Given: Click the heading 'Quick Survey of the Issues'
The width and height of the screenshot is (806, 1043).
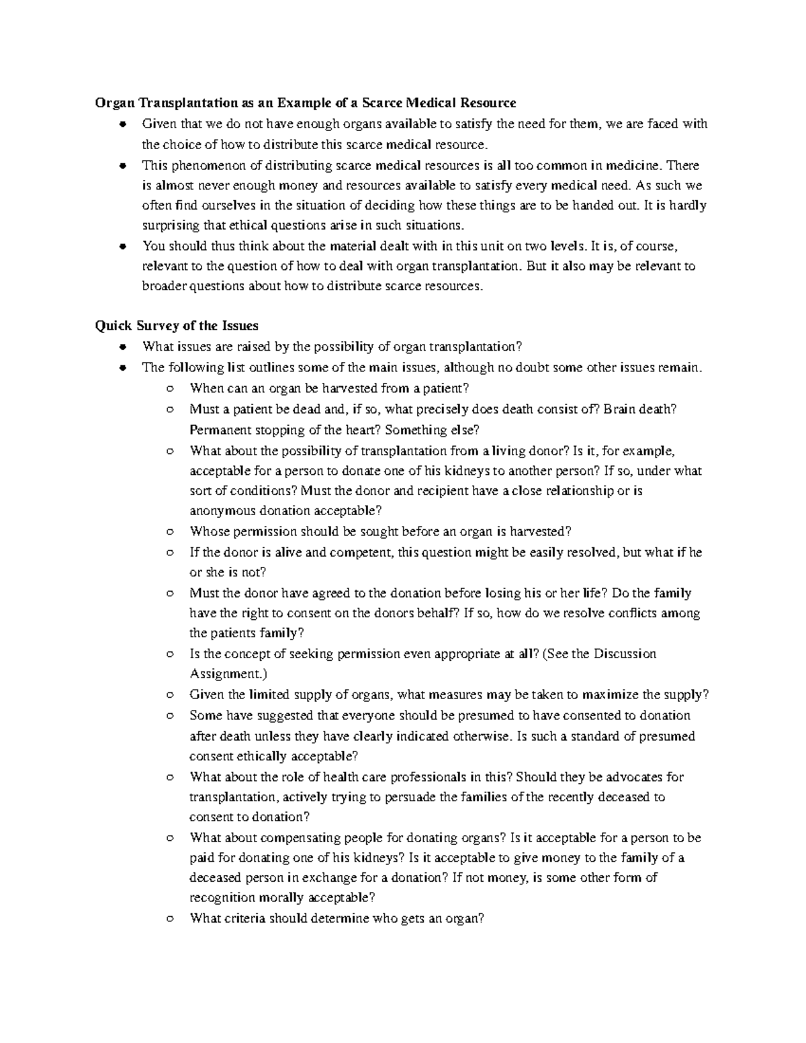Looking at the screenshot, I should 177,326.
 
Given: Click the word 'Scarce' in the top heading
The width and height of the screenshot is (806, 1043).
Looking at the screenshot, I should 384,103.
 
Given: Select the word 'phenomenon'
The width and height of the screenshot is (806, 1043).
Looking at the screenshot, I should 201,165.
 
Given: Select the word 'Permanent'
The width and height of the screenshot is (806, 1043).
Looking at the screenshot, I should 218,430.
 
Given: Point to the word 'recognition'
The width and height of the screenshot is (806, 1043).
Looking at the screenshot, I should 221,897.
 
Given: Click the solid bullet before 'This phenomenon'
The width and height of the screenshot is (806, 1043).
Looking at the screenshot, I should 122,165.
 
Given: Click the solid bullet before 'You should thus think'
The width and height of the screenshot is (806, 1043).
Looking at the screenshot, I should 122,246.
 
